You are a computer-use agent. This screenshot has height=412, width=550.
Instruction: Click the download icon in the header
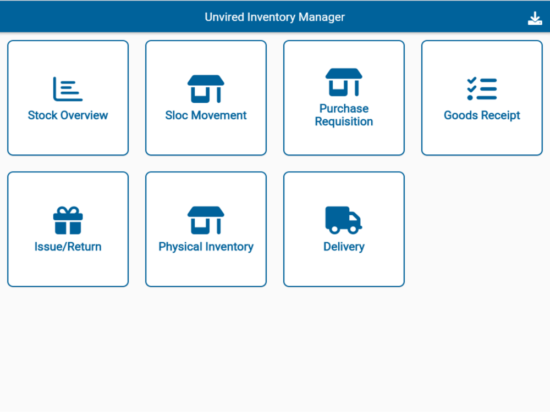point(535,18)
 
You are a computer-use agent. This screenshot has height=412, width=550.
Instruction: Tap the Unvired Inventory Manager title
point(274,17)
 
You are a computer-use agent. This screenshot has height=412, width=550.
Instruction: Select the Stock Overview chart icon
point(68,89)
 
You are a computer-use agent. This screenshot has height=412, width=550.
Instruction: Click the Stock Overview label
point(68,115)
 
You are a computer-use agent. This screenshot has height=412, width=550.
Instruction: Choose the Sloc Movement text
point(206,115)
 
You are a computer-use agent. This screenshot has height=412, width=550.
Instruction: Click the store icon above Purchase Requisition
point(344,82)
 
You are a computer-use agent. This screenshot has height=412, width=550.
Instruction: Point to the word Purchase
point(344,108)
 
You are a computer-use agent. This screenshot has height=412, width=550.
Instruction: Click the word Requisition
point(344,121)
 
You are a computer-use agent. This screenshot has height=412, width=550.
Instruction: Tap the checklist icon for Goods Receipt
point(482,89)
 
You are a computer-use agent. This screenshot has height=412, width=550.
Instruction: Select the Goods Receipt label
point(482,115)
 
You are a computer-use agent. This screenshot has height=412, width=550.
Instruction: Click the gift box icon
point(68,220)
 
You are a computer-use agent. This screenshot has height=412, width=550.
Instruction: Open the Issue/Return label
point(68,247)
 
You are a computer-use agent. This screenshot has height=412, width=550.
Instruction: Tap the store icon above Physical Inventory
point(206,220)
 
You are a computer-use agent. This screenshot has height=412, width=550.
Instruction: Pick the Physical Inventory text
point(206,247)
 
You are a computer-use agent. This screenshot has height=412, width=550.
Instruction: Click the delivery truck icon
point(344,220)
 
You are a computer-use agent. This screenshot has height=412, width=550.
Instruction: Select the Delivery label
point(344,247)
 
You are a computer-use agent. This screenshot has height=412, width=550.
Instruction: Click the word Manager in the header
point(322,17)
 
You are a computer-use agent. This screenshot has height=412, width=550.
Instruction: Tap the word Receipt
point(499,115)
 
